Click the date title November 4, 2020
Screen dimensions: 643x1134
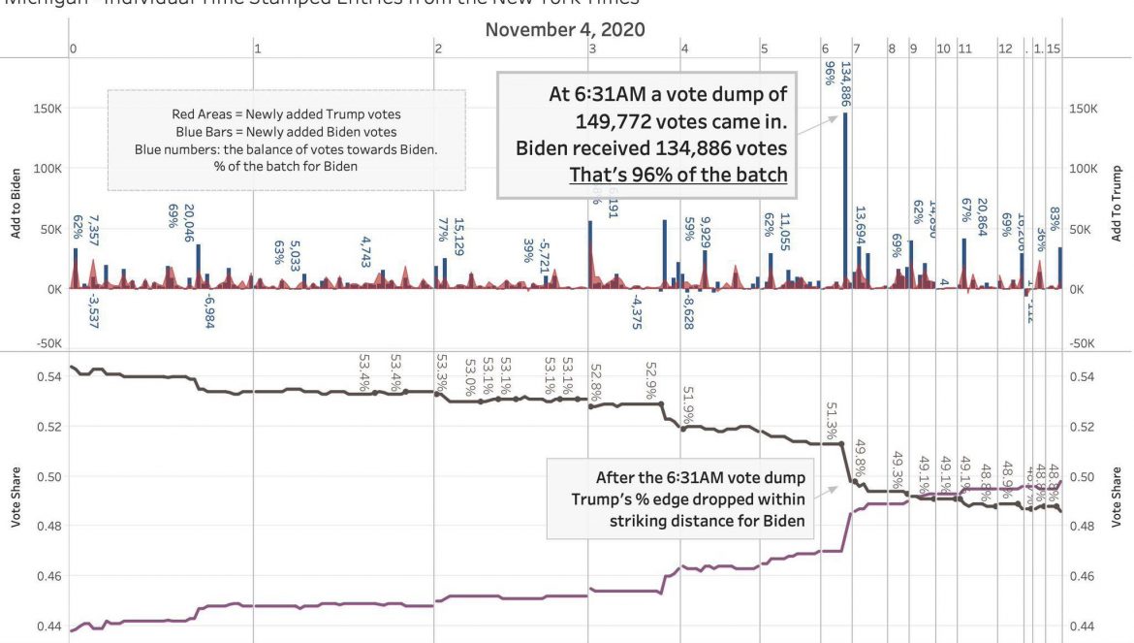tap(565, 28)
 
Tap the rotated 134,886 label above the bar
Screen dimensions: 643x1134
tap(845, 84)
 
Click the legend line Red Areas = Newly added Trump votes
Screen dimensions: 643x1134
tap(286, 115)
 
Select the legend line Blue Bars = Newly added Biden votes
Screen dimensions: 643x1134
tap(286, 132)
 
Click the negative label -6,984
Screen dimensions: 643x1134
tap(208, 310)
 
